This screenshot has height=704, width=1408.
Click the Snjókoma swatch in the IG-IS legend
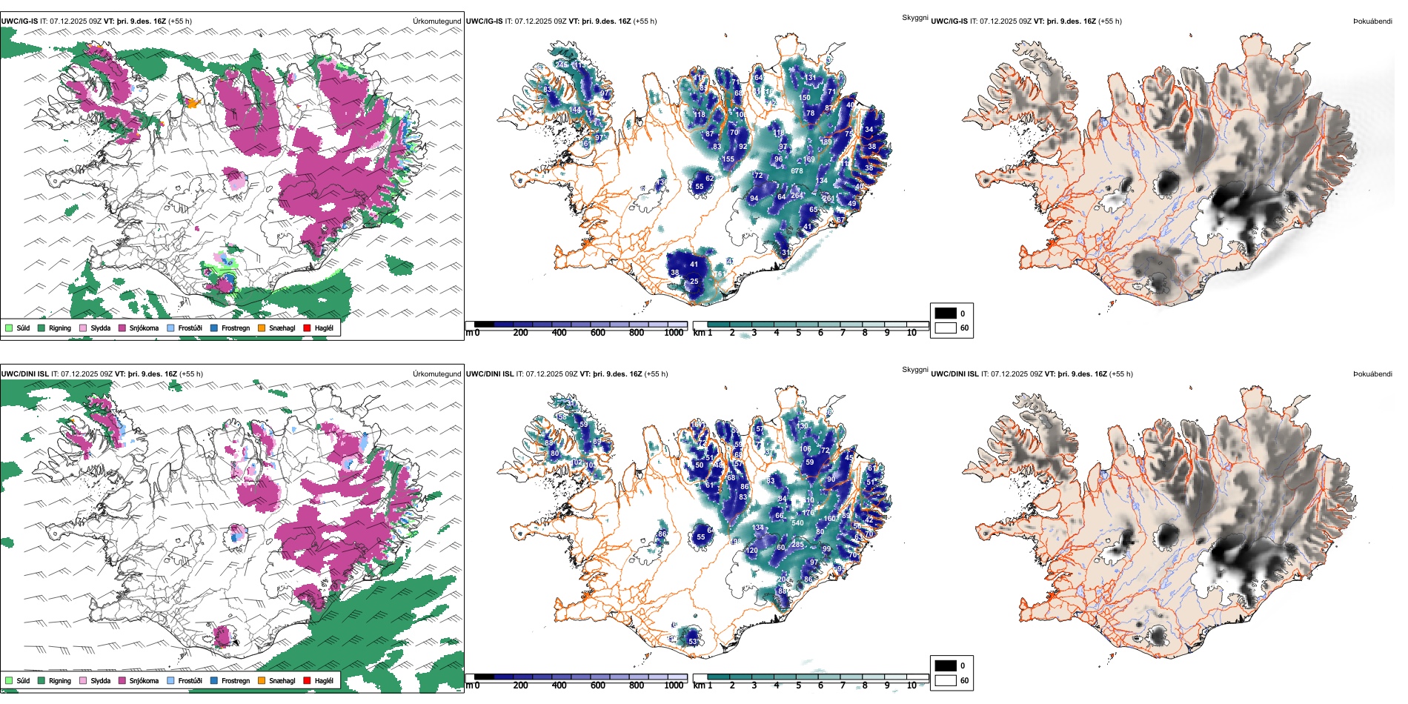click(122, 328)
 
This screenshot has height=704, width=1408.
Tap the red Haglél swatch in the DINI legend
click(308, 680)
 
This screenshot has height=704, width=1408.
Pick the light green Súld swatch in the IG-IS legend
click(9, 328)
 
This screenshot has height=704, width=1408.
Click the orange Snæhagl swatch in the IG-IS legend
click(262, 328)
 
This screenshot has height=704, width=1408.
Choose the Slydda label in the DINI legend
click(100, 680)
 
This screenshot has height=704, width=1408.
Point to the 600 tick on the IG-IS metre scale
click(598, 333)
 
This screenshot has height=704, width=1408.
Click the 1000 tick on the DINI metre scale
click(674, 685)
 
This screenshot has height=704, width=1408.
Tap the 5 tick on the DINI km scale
click(799, 685)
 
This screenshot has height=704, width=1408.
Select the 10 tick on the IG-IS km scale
click(911, 333)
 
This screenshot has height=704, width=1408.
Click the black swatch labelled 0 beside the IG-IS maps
click(946, 313)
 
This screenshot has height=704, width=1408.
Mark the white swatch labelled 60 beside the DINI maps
click(946, 680)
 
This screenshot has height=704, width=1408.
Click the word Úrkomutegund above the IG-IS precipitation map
click(437, 21)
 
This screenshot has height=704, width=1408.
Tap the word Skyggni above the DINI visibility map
click(914, 370)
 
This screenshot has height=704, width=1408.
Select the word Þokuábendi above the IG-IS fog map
click(1372, 21)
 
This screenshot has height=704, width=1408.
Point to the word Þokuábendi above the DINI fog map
click(1372, 374)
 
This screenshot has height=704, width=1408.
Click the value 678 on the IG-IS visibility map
click(797, 171)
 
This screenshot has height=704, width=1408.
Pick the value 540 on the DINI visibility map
click(797, 523)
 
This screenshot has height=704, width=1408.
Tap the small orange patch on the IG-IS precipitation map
click(193, 103)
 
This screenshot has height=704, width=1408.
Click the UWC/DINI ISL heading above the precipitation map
click(24, 374)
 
